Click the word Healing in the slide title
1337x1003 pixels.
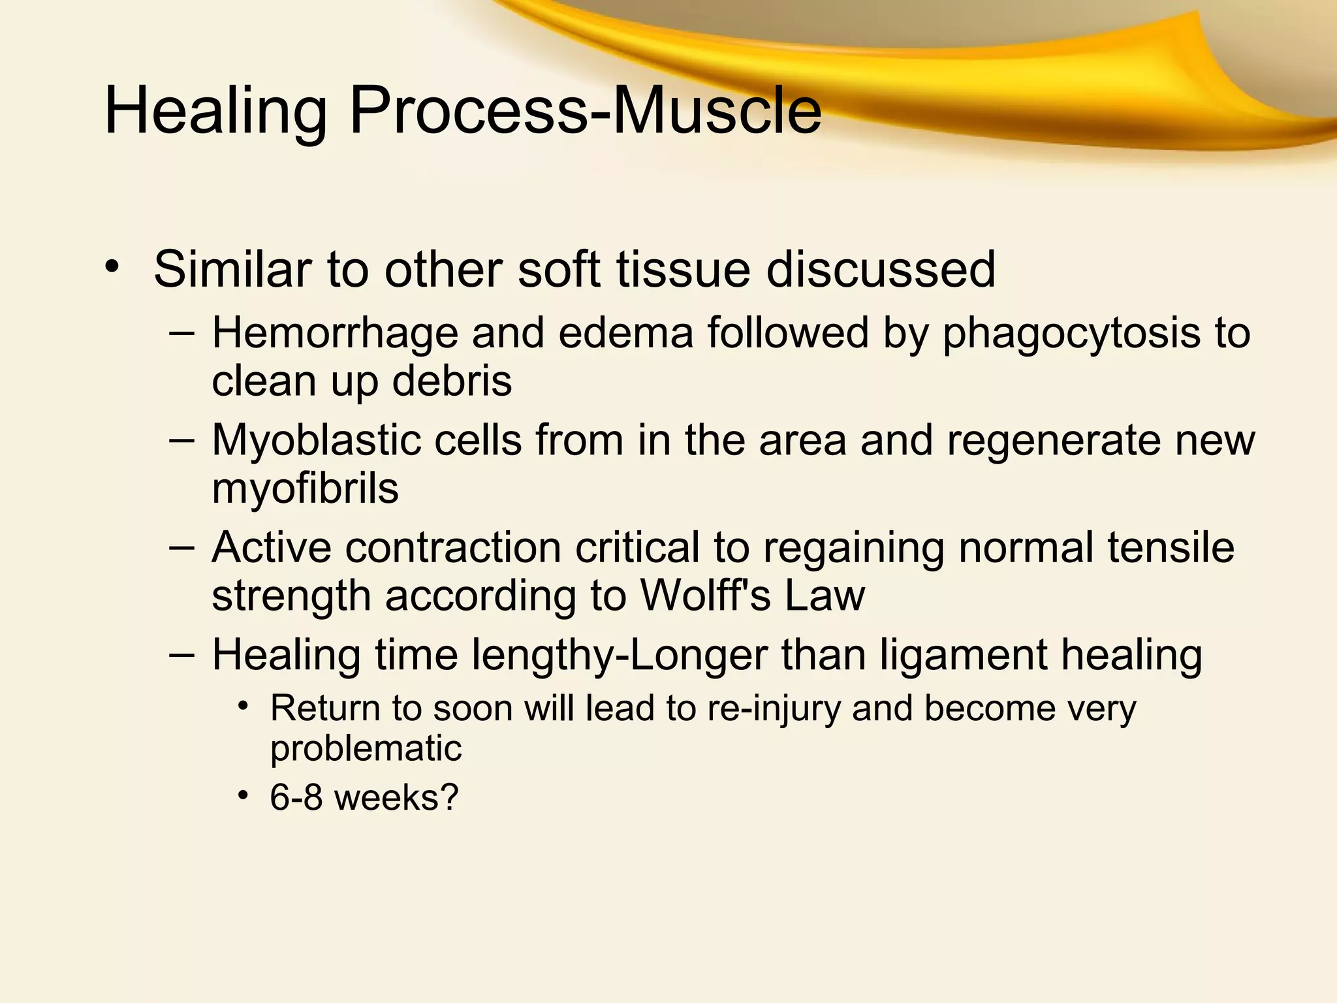pos(215,112)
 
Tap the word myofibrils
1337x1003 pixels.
pos(305,488)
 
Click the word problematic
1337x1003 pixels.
pos(366,749)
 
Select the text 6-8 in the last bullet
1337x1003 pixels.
pos(296,798)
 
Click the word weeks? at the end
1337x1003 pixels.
pos(397,798)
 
